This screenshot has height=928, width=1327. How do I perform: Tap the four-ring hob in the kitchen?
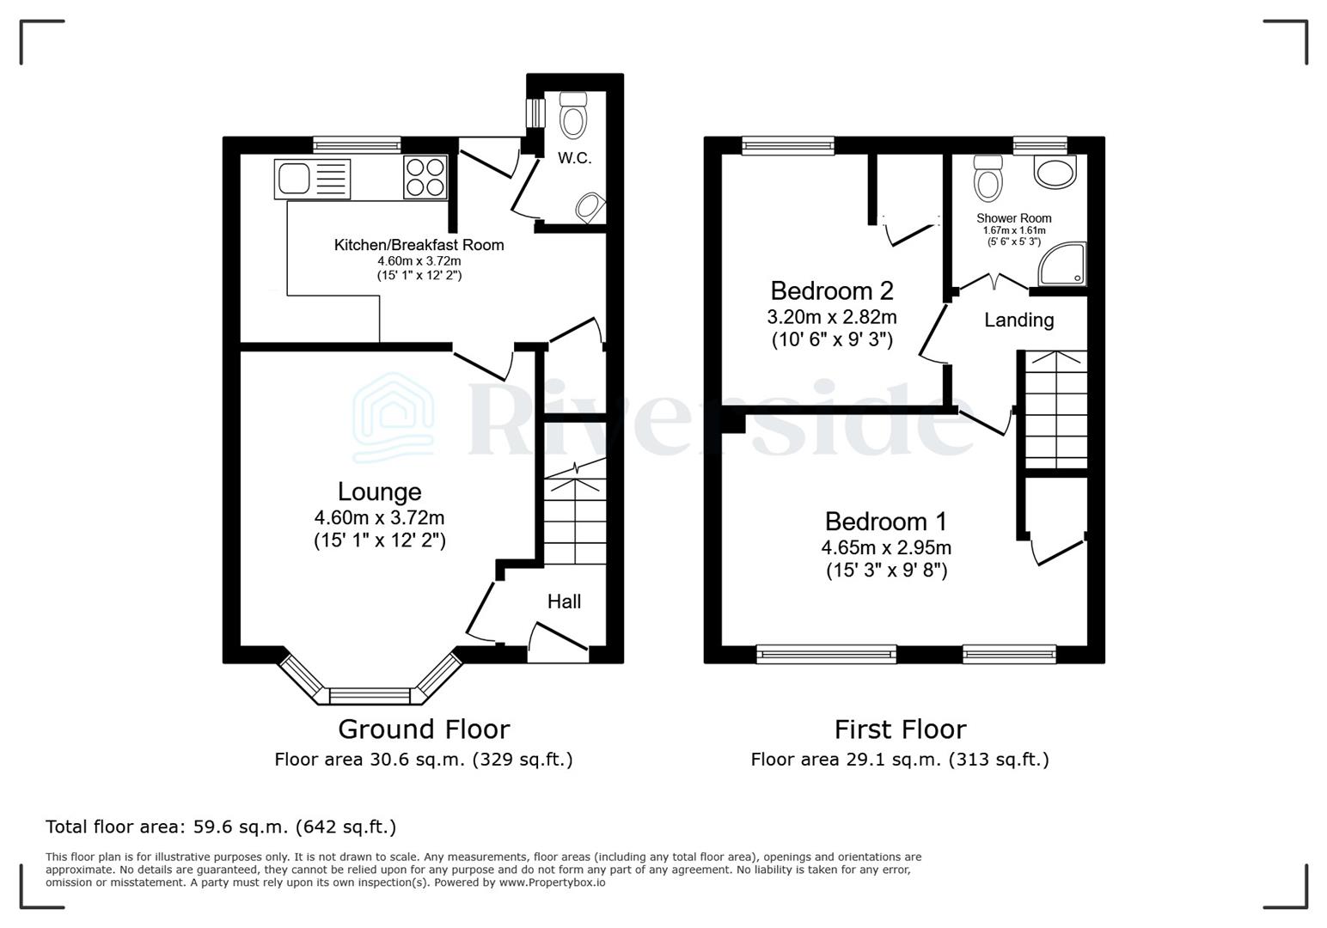point(425,178)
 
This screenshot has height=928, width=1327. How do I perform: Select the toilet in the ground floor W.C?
point(573,114)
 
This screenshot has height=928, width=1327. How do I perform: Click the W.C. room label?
point(574,158)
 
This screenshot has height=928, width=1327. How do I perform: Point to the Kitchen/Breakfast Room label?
point(419,245)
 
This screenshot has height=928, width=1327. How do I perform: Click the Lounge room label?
point(379,491)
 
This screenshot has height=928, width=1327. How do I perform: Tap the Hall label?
point(564,601)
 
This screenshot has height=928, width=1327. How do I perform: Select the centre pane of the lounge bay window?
point(371,695)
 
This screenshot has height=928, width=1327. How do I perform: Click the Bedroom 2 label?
point(831,290)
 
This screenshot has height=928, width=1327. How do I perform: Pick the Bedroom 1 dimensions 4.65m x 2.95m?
point(885,547)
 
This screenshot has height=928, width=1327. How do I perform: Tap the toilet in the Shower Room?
point(988,178)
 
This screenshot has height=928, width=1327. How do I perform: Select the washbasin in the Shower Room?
point(1055,172)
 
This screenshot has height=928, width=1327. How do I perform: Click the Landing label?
point(1018,321)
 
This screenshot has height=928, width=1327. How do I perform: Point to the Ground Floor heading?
point(423,730)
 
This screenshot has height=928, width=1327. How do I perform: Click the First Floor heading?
point(900,730)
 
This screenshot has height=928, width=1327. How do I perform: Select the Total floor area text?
point(221,827)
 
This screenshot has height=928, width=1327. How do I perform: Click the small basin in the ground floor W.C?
point(590,207)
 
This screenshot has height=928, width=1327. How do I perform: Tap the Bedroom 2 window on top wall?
point(787,146)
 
